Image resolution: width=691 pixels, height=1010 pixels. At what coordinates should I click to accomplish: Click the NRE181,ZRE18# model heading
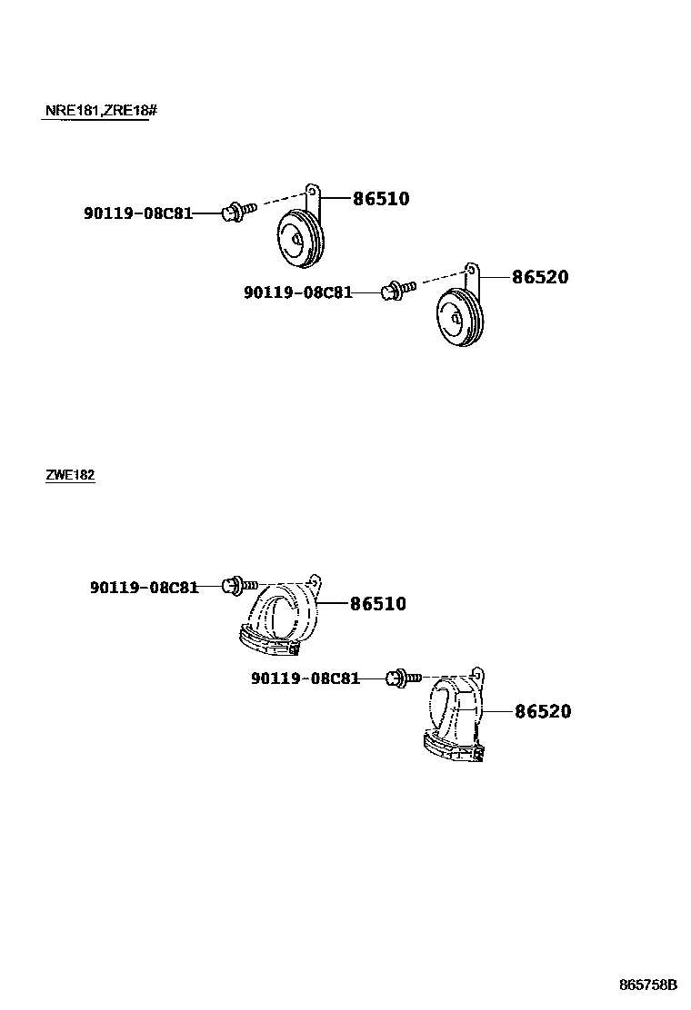pos(101,111)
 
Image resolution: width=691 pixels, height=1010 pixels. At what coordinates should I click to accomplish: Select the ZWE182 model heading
pos(70,475)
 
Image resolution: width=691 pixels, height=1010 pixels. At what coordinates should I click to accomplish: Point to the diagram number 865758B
pos(648,985)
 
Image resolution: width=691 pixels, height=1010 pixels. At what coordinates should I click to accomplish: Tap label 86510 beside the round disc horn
pos(381,199)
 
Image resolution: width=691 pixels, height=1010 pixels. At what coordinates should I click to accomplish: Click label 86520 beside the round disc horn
pos(540,277)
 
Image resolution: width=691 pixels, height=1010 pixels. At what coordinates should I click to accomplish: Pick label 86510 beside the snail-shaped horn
pos(377,603)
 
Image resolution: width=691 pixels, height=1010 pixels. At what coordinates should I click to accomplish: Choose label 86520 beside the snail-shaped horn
pos(543,711)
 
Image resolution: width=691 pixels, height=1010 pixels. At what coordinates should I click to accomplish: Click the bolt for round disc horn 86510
pos(239,212)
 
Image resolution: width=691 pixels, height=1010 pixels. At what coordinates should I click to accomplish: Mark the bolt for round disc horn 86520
pos(399,290)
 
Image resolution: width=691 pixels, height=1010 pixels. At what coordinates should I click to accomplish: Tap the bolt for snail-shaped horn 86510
pos(241,585)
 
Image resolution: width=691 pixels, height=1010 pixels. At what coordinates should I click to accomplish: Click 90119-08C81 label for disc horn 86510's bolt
pos(138,213)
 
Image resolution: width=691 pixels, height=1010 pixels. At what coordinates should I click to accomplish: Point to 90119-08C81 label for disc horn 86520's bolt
pos(297,292)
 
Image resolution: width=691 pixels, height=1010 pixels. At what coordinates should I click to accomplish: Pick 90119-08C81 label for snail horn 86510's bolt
pos(144,588)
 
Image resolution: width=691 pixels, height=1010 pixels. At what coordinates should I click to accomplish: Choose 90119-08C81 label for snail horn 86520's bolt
pos(305,678)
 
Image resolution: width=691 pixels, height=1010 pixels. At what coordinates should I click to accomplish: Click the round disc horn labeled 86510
pos(298,238)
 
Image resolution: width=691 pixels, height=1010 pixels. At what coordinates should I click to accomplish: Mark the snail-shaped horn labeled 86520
pos(455,713)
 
